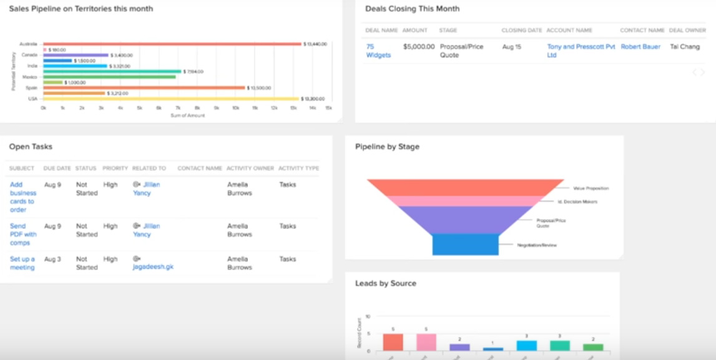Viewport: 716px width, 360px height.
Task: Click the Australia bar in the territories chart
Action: click(172, 44)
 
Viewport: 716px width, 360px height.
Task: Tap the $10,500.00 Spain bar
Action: click(144, 88)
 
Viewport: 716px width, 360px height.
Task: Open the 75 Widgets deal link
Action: click(378, 51)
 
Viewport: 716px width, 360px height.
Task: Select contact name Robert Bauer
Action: click(640, 47)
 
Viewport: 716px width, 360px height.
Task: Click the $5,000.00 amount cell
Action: click(419, 47)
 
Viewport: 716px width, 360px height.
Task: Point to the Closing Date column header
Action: click(521, 30)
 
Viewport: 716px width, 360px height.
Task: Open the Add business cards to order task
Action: click(23, 197)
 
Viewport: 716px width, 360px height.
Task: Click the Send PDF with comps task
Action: click(23, 234)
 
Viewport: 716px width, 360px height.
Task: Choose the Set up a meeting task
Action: click(22, 263)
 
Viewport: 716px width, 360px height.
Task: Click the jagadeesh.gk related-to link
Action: click(153, 268)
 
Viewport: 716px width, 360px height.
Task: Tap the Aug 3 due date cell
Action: click(52, 259)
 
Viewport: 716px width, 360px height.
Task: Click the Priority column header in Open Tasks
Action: click(115, 168)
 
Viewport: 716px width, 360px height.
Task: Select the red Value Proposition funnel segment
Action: click(463, 187)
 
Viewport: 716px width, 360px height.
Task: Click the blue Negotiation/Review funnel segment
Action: click(465, 245)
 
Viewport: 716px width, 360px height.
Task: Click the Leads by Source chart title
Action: click(385, 283)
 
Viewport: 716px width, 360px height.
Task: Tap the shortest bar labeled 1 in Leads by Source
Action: click(493, 349)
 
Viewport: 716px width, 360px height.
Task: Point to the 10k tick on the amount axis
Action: click(235, 108)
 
